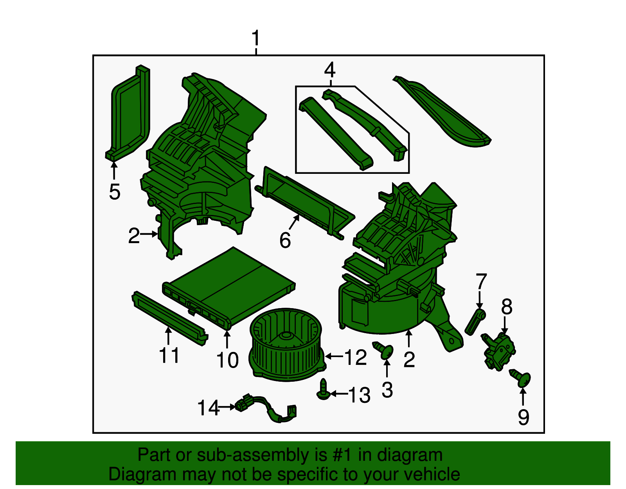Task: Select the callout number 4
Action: [x=330, y=70]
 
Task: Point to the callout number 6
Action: [x=285, y=240]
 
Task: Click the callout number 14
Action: [x=208, y=408]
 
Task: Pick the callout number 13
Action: [x=359, y=395]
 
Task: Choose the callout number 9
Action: [x=523, y=417]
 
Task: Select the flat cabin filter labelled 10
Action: [x=229, y=288]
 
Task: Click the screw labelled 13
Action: [x=323, y=389]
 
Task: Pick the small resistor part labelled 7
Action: [x=475, y=322]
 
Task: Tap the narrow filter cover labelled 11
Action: [x=170, y=318]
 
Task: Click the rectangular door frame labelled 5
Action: [x=128, y=112]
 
